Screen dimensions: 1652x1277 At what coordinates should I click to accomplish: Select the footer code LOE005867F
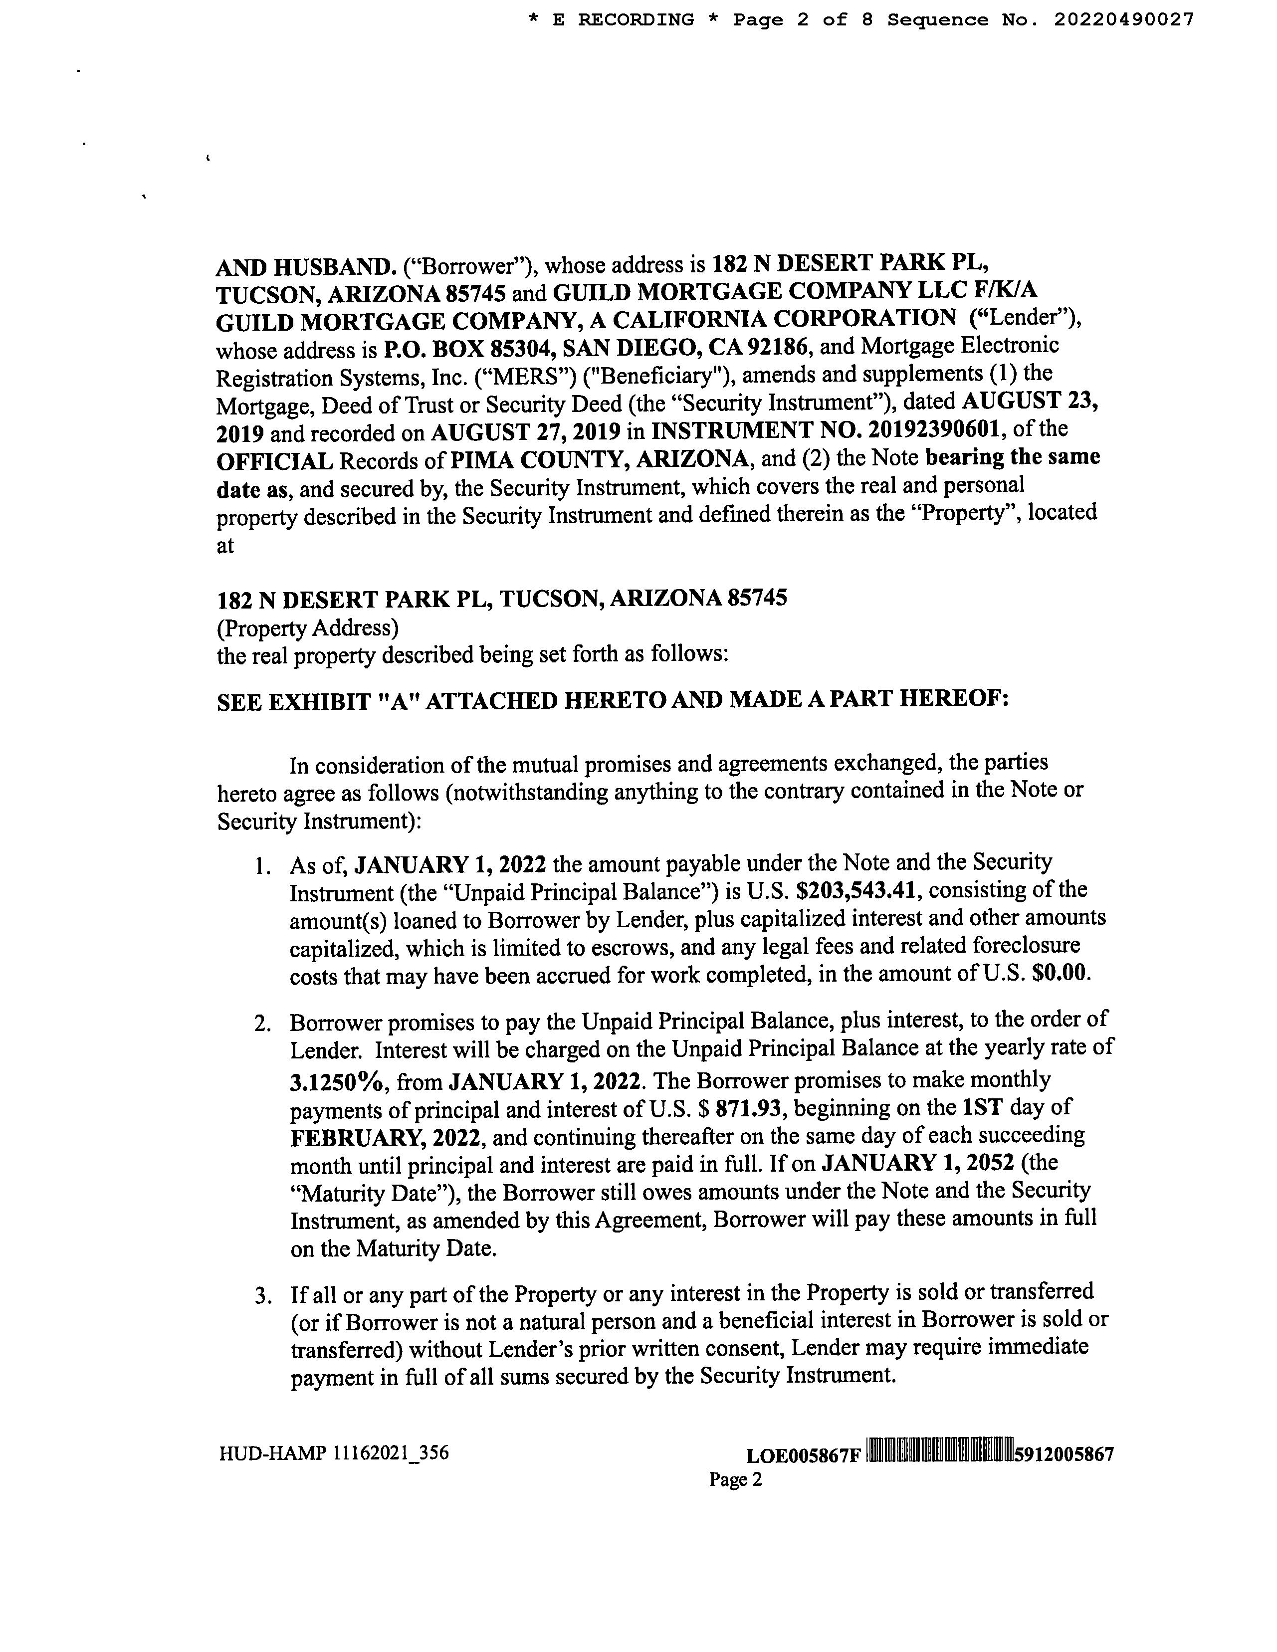pyautogui.click(x=803, y=1455)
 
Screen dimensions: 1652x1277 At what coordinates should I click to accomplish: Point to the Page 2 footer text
pyautogui.click(x=735, y=1479)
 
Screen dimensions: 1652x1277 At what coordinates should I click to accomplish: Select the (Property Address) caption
pyautogui.click(x=308, y=628)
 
